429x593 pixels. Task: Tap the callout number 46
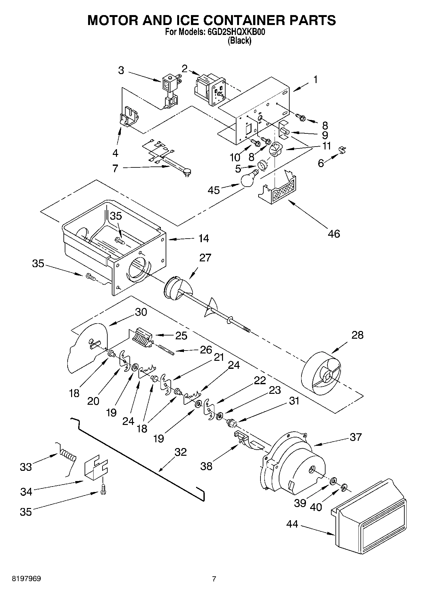334,234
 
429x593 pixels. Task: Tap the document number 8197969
26,579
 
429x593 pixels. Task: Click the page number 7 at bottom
214,579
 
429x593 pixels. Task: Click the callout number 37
356,437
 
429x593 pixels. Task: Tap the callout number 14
203,238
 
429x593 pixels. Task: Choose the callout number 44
292,524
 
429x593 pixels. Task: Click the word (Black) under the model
239,41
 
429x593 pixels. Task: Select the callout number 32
180,452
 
